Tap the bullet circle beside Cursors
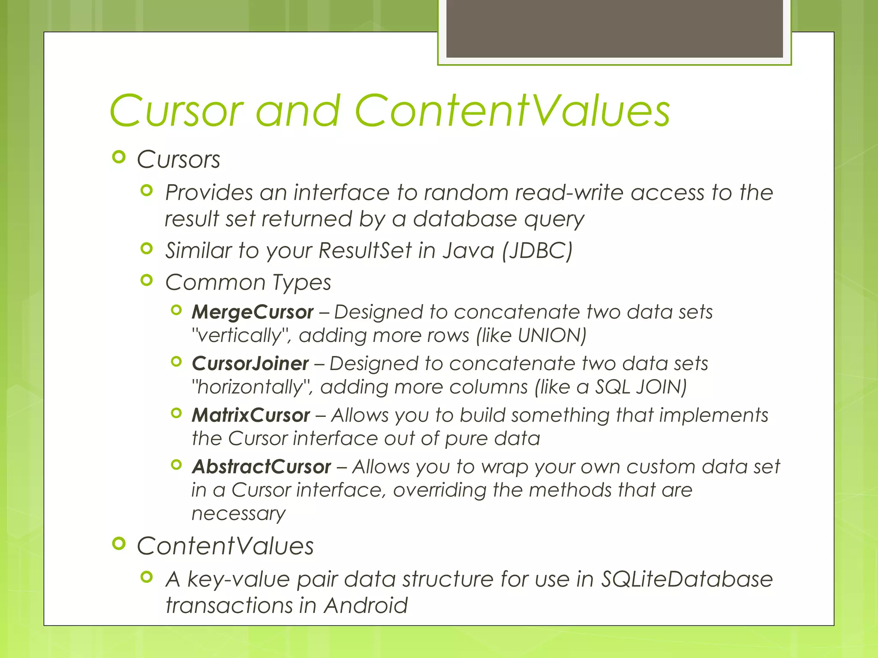[119, 157]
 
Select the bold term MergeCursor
[253, 312]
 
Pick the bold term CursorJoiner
[250, 364]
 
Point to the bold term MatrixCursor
[251, 415]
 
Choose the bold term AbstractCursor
[261, 467]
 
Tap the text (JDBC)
[538, 251]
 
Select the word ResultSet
[365, 251]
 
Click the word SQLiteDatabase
[686, 579]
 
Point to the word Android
[365, 605]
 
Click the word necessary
[238, 514]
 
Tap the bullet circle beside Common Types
[147, 281]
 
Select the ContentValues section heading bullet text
[225, 546]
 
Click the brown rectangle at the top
[614, 28]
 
